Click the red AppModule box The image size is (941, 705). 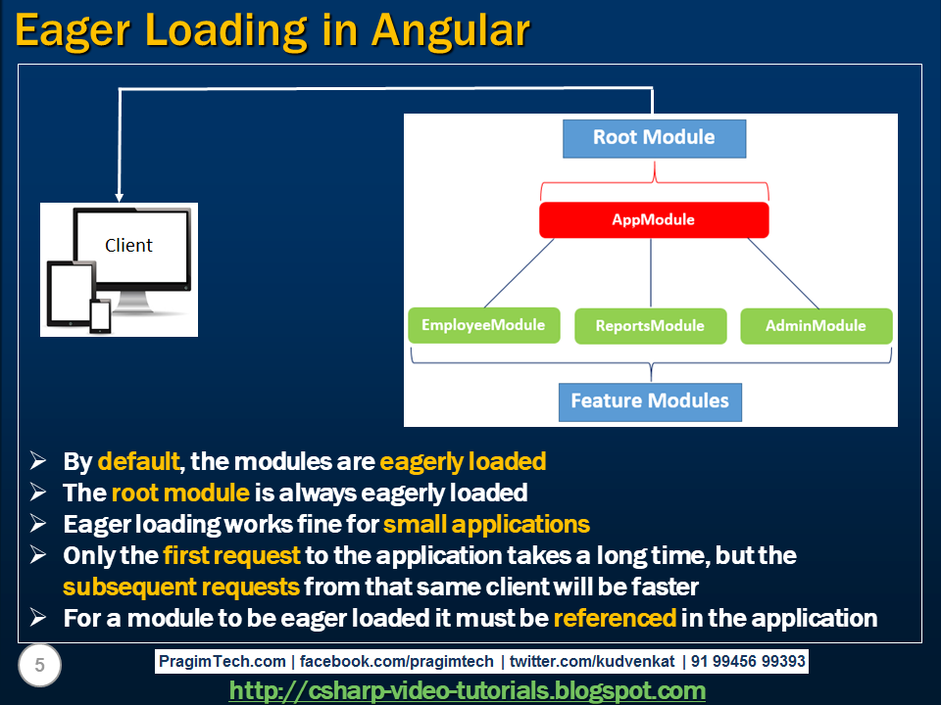(654, 220)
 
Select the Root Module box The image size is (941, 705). (654, 138)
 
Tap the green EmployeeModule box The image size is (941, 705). (483, 325)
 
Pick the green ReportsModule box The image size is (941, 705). (650, 326)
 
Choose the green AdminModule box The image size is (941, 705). (816, 326)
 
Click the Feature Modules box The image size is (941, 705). (650, 401)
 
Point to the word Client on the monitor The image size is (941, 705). (128, 245)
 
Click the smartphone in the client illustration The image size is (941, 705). (100, 314)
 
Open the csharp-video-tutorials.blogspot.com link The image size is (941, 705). (467, 691)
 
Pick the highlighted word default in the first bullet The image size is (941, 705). (138, 461)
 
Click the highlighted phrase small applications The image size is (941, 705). (486, 524)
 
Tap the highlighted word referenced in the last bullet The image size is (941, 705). (615, 618)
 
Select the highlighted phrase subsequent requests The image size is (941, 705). (181, 587)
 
